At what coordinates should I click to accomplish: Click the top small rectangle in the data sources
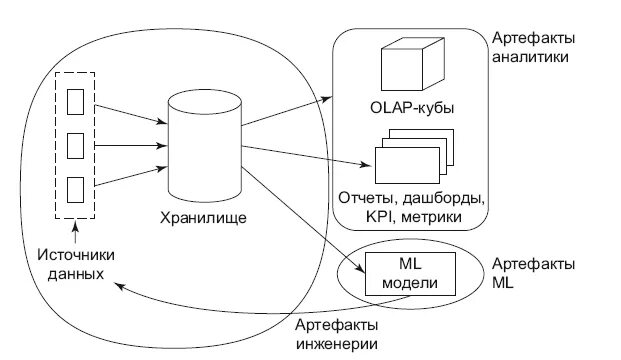[x=74, y=101]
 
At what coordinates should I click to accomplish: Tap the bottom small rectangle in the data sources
[x=74, y=188]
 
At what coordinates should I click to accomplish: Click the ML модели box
[x=410, y=271]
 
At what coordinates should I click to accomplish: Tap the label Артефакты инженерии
[x=338, y=335]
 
